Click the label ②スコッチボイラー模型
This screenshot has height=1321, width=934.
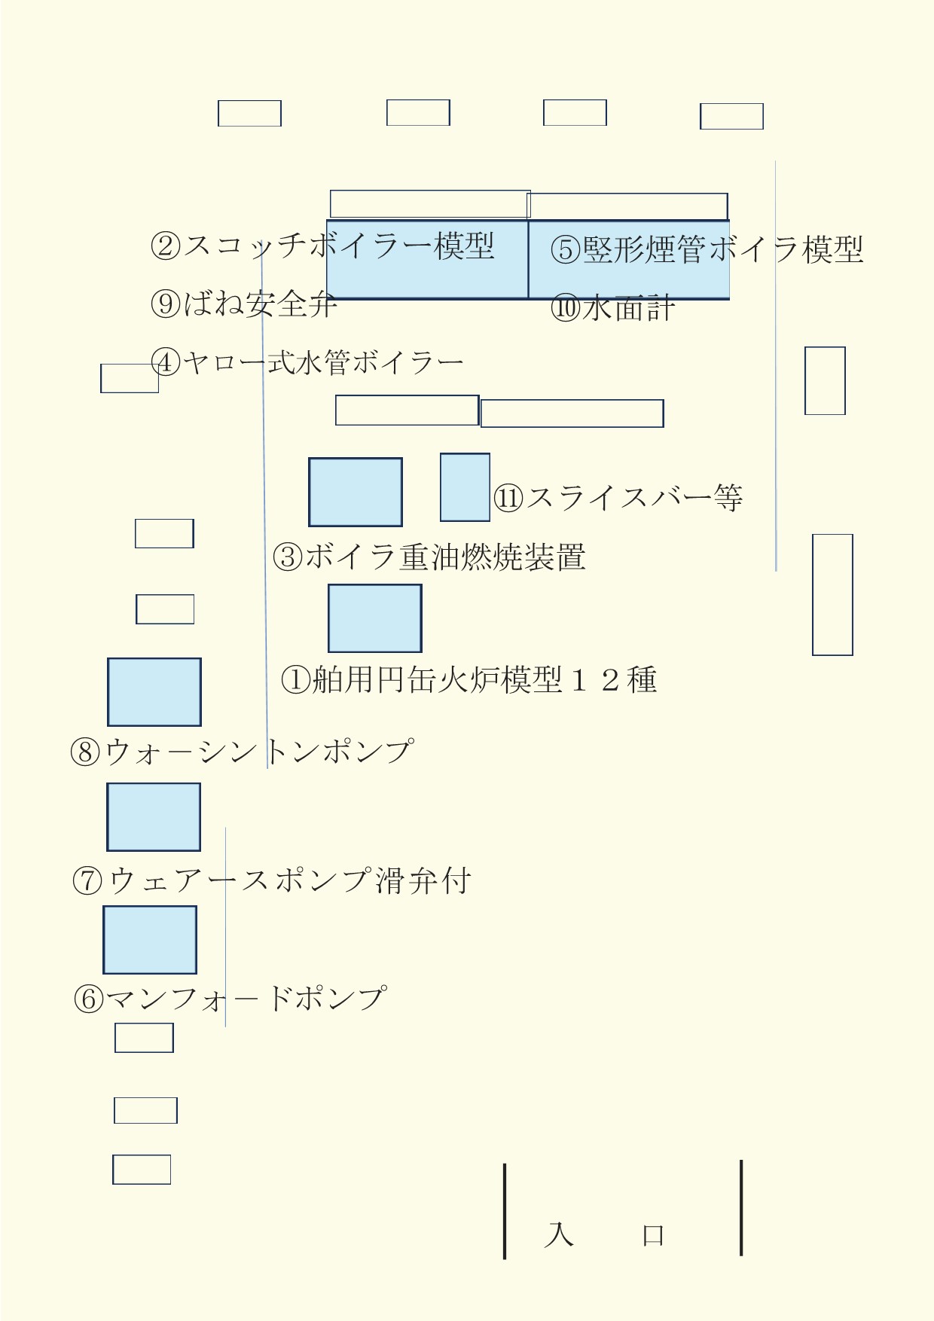[x=322, y=246]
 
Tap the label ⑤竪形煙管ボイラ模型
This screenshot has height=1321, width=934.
[x=707, y=249]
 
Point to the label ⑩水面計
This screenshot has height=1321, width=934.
[x=612, y=308]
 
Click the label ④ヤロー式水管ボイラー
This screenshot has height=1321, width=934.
[x=307, y=363]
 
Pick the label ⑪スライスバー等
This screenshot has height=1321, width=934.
[x=618, y=498]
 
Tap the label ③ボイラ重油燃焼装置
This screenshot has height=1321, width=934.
[x=429, y=557]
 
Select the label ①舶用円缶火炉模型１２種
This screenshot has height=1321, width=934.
[x=469, y=679]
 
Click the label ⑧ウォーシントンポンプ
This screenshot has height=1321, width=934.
[x=242, y=751]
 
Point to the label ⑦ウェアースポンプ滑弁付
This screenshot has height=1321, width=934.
[x=272, y=880]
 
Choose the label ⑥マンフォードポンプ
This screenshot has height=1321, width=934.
[x=230, y=999]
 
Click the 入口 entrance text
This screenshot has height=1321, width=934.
[x=605, y=1235]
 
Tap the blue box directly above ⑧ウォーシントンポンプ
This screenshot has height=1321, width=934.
[x=154, y=692]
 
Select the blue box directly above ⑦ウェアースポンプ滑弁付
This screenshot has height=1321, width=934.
[x=154, y=817]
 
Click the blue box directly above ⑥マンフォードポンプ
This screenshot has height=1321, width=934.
[x=150, y=940]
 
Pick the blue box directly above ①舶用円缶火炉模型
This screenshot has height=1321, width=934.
[x=375, y=618]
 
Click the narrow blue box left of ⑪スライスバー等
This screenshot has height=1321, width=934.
[x=465, y=487]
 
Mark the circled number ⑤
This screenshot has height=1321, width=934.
[x=565, y=250]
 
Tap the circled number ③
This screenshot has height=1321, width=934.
[x=288, y=558]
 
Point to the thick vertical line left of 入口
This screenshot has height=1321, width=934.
[x=505, y=1211]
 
